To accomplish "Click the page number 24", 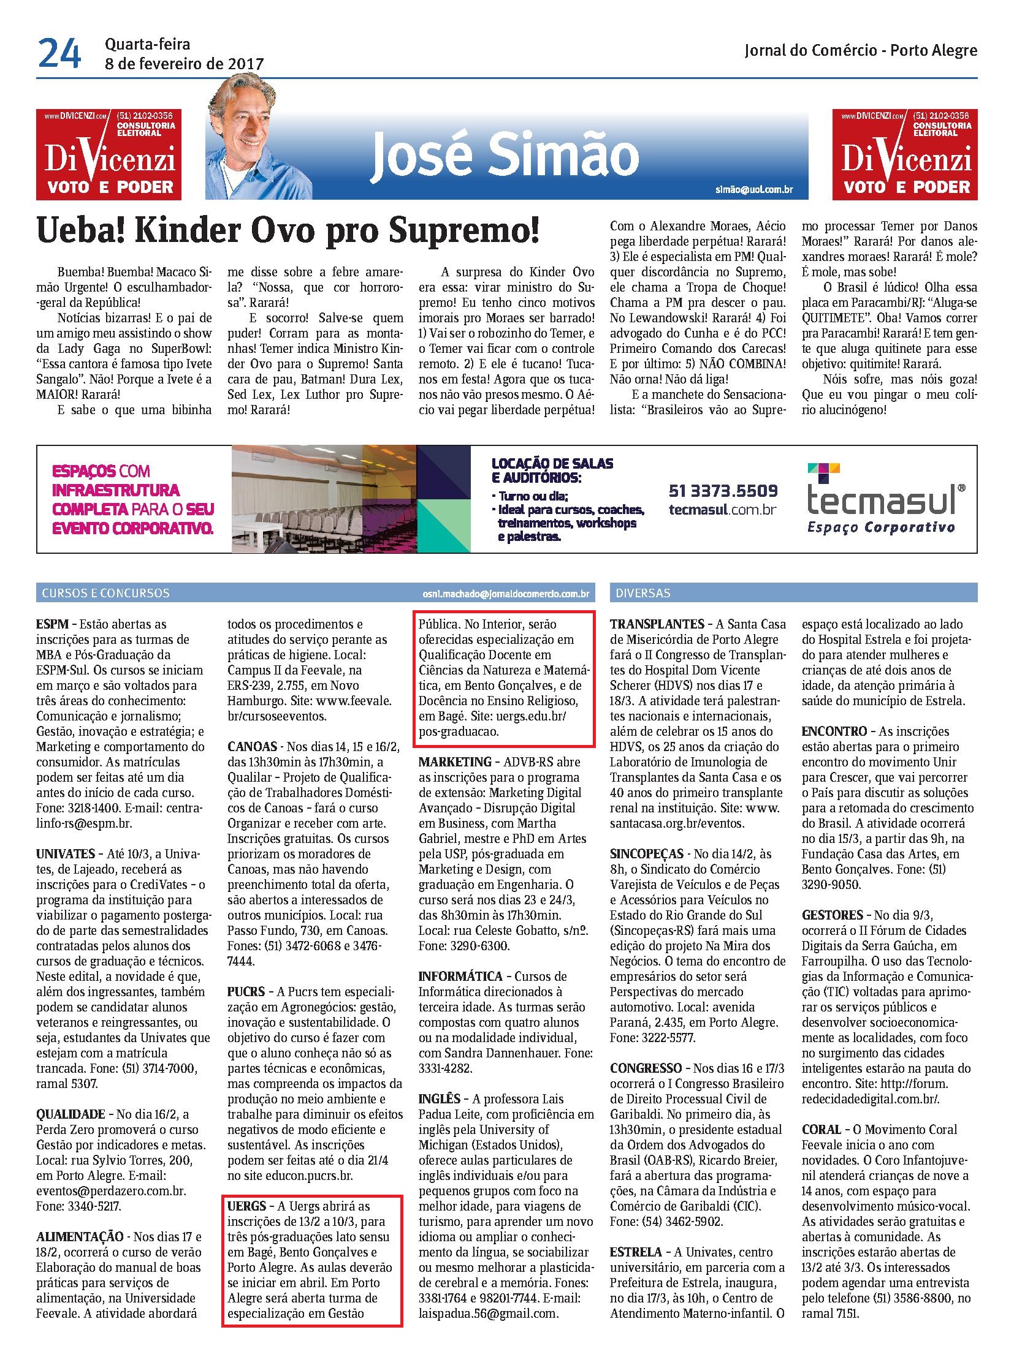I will tap(59, 53).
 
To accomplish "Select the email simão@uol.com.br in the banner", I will tap(753, 189).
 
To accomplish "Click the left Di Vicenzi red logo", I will tap(109, 154).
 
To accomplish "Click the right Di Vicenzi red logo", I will tap(904, 154).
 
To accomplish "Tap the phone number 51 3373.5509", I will tap(723, 491).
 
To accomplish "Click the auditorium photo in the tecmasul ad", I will tap(324, 499).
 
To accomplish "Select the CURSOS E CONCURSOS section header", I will tap(105, 593).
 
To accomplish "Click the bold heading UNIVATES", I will tap(65, 854).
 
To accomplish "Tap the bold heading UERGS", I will tap(246, 1206).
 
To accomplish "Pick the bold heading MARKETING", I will tap(455, 762).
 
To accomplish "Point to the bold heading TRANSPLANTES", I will tap(657, 624).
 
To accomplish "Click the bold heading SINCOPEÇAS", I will tap(647, 854).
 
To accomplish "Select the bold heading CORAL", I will tap(821, 1129).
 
